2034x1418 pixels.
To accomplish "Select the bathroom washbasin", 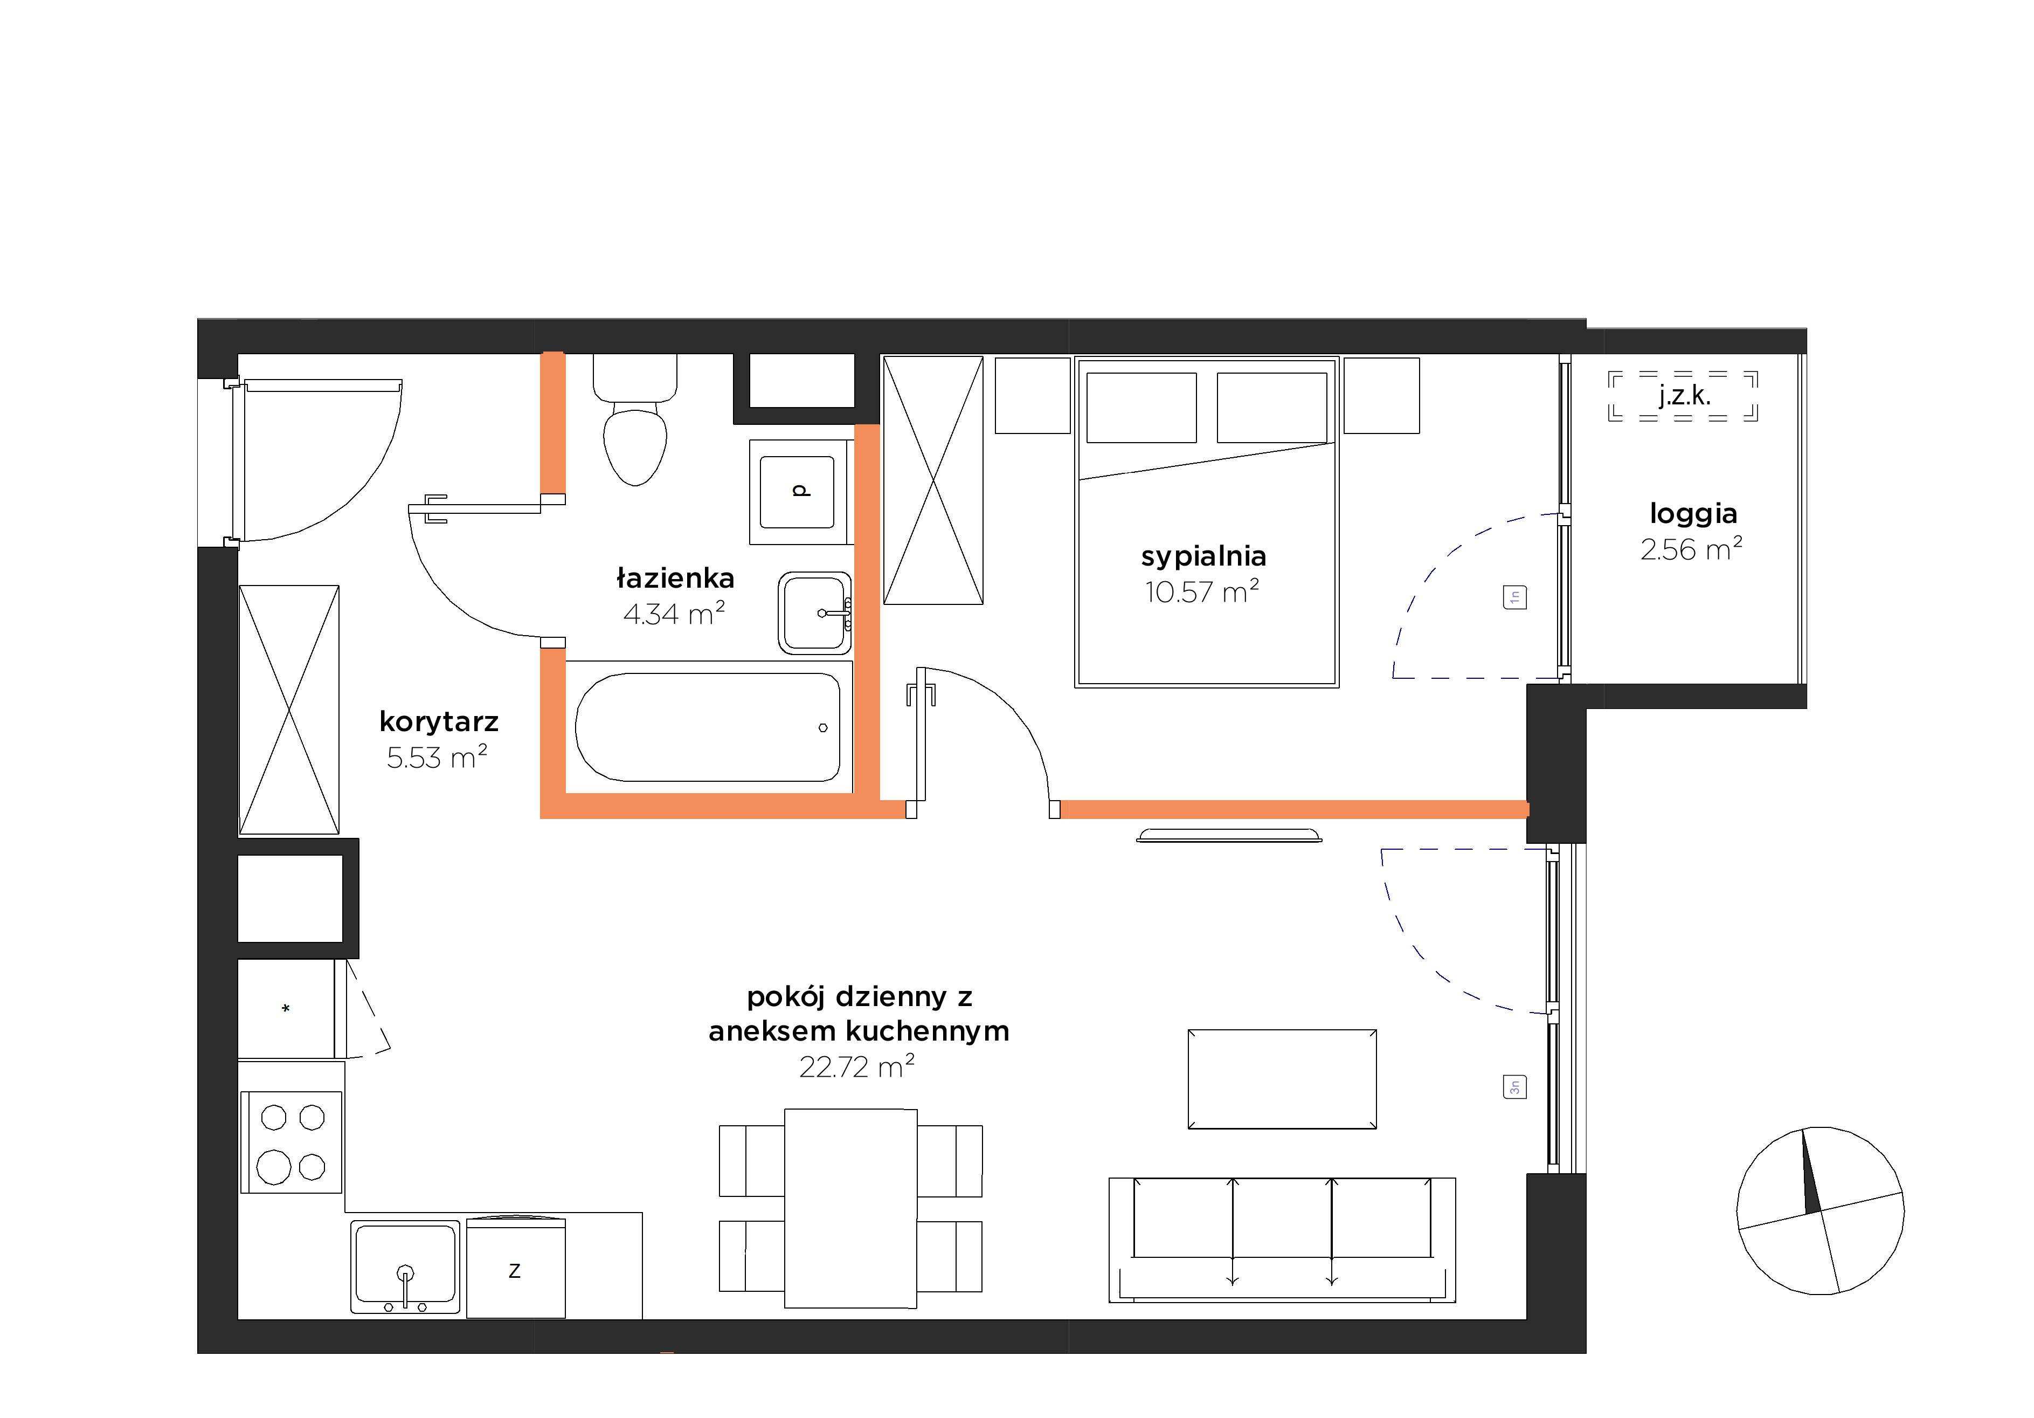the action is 815,612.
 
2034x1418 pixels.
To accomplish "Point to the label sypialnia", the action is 1203,556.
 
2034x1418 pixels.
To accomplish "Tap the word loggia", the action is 1693,514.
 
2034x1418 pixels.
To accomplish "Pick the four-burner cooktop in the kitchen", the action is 292,1142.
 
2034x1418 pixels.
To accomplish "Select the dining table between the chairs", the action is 850,1208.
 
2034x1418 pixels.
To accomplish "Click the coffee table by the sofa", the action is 1282,1078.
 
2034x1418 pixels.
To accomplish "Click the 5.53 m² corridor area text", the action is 437,758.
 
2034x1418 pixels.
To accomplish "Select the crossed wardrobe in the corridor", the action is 289,710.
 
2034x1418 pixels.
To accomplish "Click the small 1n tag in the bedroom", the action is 1515,597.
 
